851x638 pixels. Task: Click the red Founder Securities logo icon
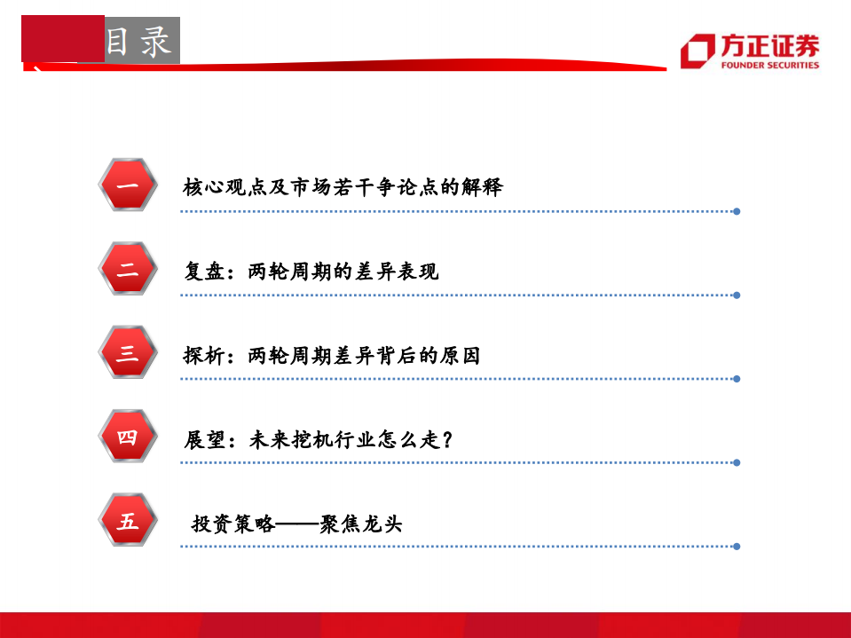click(697, 51)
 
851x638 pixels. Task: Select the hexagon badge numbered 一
click(127, 186)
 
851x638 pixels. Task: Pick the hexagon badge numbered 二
click(127, 270)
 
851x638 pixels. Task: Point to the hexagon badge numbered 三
click(127, 353)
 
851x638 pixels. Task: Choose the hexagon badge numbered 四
click(127, 437)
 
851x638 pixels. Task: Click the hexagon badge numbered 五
click(127, 521)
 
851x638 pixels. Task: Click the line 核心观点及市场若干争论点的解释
click(343, 187)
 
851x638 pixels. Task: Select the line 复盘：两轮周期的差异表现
click(311, 272)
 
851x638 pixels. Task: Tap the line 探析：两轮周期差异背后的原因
click(331, 356)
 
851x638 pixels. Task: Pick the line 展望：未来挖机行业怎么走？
click(319, 439)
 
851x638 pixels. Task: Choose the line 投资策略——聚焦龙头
click(297, 524)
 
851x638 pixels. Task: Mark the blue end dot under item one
click(737, 211)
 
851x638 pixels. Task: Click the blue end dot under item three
click(737, 379)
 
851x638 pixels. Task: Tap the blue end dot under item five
click(737, 547)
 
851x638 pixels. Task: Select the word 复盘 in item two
click(200, 272)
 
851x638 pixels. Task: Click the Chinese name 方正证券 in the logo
click(769, 45)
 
